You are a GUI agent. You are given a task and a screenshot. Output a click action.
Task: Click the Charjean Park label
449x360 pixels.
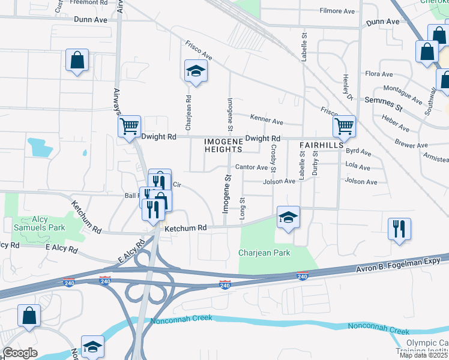[x=264, y=253]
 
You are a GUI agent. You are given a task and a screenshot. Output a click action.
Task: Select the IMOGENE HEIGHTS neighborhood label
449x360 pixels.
[x=223, y=145]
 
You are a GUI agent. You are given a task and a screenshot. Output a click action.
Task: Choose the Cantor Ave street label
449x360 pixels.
[x=252, y=167]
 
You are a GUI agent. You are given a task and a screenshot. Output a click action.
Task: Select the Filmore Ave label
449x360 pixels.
[x=338, y=11]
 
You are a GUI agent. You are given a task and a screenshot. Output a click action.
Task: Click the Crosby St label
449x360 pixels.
[x=273, y=157]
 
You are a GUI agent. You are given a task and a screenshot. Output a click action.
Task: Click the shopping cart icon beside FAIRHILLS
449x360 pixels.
[x=344, y=126]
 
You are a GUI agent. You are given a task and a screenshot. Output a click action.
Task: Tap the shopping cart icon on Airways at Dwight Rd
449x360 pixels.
[x=129, y=127]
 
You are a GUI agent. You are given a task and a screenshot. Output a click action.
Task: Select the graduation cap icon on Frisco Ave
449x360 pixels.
[x=195, y=71]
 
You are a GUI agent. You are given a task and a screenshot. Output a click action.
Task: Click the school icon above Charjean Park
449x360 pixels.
[x=288, y=217]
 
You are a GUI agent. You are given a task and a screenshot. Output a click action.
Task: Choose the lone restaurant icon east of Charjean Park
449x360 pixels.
[x=399, y=229]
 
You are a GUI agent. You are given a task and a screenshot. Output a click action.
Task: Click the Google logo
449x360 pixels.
[x=20, y=353]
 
